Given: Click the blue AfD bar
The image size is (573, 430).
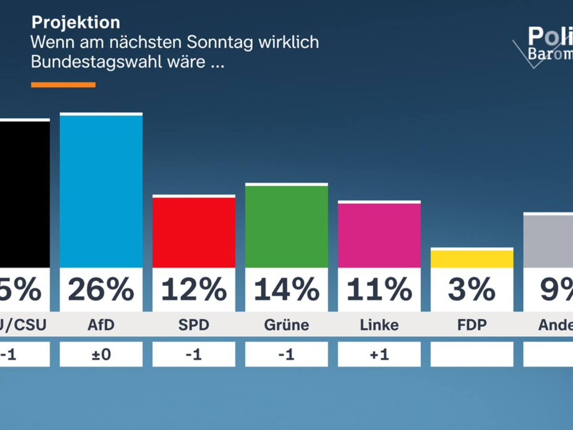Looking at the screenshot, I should point(101,191).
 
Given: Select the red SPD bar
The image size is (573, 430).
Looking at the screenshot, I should point(194,232).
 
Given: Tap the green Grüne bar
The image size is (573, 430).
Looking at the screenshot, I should point(286,226).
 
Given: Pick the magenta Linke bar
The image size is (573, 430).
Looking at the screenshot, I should point(379,235).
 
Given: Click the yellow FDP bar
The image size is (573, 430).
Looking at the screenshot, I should point(472,259).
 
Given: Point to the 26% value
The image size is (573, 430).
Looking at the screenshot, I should point(101,290).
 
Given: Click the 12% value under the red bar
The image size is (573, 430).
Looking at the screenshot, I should point(194,290).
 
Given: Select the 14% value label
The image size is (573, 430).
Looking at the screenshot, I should point(286,290).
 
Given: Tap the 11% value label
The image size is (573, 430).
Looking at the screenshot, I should point(379,290).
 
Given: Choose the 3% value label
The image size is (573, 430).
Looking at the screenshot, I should point(472,290).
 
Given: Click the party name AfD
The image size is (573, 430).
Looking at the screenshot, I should point(101,325).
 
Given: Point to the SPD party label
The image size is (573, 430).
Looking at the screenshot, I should point(194,325).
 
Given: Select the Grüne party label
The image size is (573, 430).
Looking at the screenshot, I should point(286,325).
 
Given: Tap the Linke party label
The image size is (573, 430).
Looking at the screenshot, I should point(379,325).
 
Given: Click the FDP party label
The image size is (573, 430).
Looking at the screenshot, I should point(472,325).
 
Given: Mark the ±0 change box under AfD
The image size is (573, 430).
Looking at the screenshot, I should point(101,355).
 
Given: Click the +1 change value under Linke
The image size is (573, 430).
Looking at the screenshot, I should point(379,355).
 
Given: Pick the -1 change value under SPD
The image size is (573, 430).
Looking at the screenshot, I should point(194,355).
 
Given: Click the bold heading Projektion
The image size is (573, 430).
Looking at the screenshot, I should point(75,22).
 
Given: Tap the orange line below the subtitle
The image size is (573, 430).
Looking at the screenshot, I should point(63,85).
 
